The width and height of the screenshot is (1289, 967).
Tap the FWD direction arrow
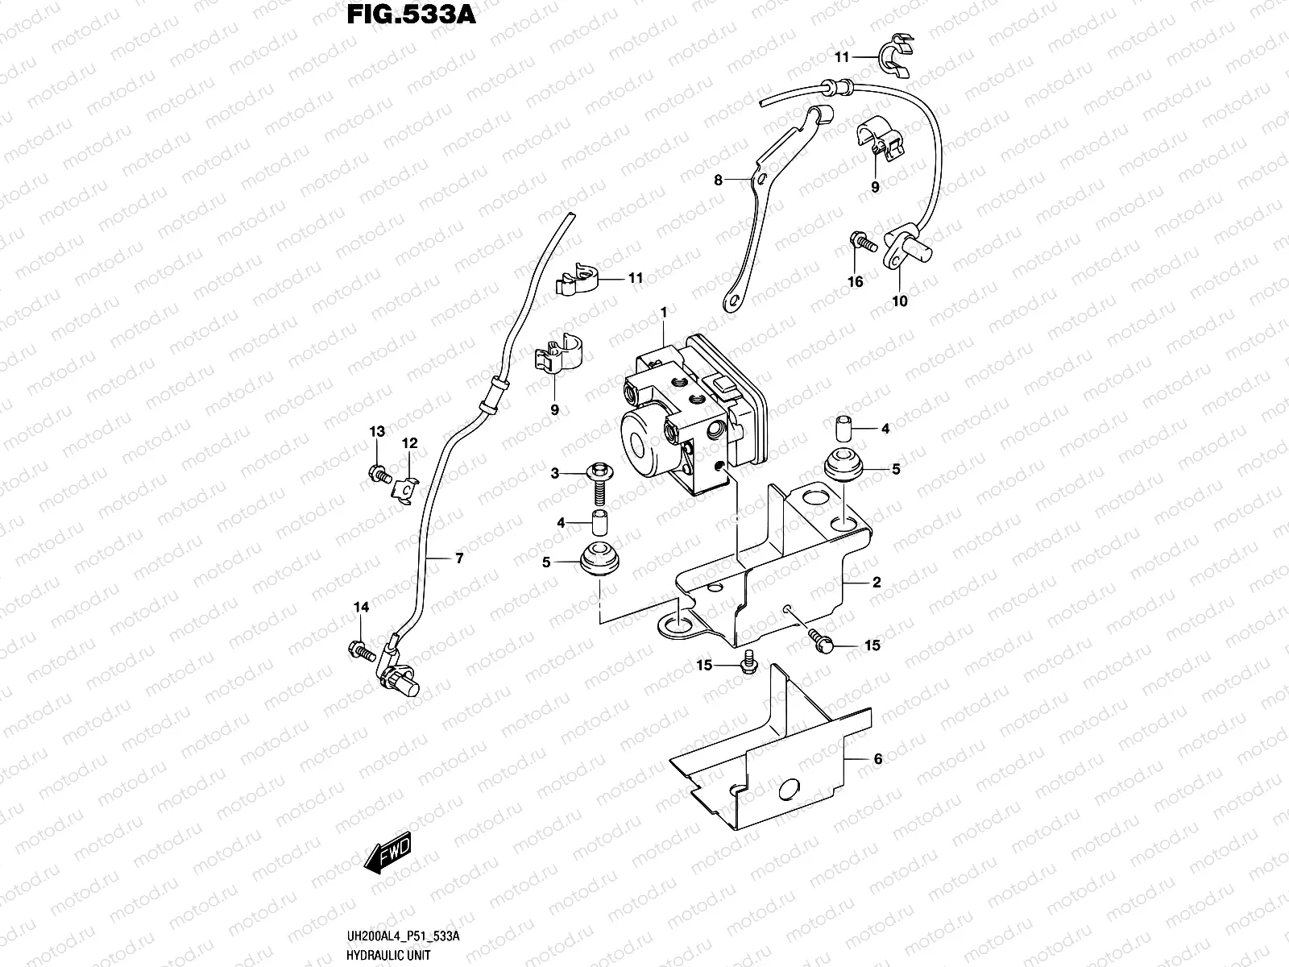click(388, 853)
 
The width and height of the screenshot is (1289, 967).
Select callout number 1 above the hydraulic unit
click(664, 311)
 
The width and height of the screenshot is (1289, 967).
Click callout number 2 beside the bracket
click(876, 582)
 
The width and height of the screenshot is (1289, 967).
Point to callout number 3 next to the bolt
click(555, 474)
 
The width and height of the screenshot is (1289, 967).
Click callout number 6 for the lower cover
click(878, 759)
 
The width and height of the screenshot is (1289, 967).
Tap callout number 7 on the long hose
click(459, 558)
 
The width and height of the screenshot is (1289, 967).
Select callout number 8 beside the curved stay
click(719, 181)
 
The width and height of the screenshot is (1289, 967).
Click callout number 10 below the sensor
click(900, 301)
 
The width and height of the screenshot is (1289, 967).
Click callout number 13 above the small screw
click(377, 432)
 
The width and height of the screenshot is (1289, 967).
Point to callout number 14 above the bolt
click(362, 607)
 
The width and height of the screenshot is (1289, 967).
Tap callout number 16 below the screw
click(855, 281)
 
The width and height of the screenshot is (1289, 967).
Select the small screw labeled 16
click(862, 241)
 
